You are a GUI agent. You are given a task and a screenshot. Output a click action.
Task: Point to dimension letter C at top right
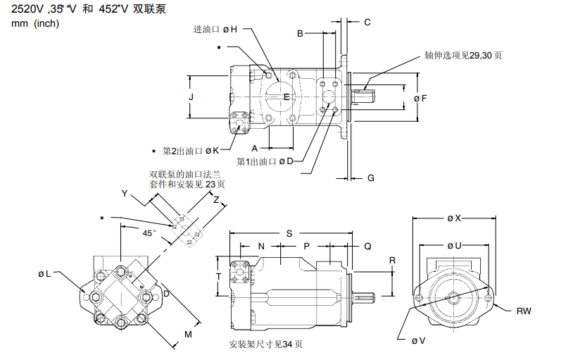pos(367,22)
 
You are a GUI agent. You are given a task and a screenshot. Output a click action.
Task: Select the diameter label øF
pos(420,99)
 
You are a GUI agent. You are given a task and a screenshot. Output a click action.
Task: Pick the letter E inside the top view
pos(287,96)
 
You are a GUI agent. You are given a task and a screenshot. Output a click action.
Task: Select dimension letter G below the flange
pos(370,178)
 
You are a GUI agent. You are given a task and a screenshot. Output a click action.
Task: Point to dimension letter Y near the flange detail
pos(125,193)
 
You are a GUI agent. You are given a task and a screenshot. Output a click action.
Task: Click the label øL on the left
pos(44,273)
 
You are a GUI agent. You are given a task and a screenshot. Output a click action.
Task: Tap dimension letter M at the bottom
pos(188,333)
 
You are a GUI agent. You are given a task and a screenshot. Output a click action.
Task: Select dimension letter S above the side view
pos(289,232)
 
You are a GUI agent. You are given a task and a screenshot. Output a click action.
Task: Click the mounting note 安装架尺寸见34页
pos(265,345)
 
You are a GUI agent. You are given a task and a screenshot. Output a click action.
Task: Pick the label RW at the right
pos(524,311)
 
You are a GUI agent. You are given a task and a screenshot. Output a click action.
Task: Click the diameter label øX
pos(454,218)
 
